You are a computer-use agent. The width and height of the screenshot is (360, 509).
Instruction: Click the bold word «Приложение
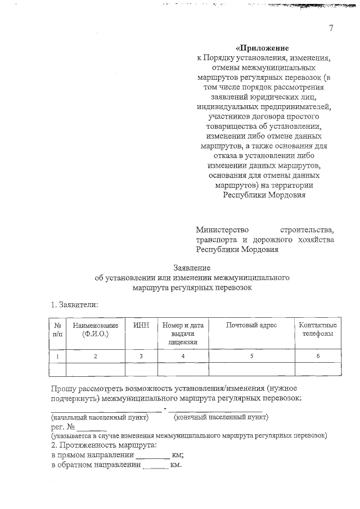[264, 48]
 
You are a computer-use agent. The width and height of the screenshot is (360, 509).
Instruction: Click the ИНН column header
[141, 325]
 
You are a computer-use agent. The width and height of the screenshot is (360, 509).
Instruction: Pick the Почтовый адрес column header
[251, 325]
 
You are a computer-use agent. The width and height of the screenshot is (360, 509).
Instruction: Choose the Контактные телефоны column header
[318, 329]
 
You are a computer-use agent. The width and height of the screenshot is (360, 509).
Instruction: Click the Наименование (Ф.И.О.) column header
[95, 329]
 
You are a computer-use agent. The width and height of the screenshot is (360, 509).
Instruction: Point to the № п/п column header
[57, 329]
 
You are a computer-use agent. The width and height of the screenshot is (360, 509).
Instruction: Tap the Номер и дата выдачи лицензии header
[182, 333]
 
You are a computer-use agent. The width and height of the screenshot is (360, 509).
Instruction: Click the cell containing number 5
[251, 356]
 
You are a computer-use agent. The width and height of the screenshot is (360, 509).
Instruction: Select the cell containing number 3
[141, 356]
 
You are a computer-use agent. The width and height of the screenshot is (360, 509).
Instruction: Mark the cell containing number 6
[318, 356]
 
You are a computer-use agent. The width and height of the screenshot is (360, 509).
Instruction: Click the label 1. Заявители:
[75, 304]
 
